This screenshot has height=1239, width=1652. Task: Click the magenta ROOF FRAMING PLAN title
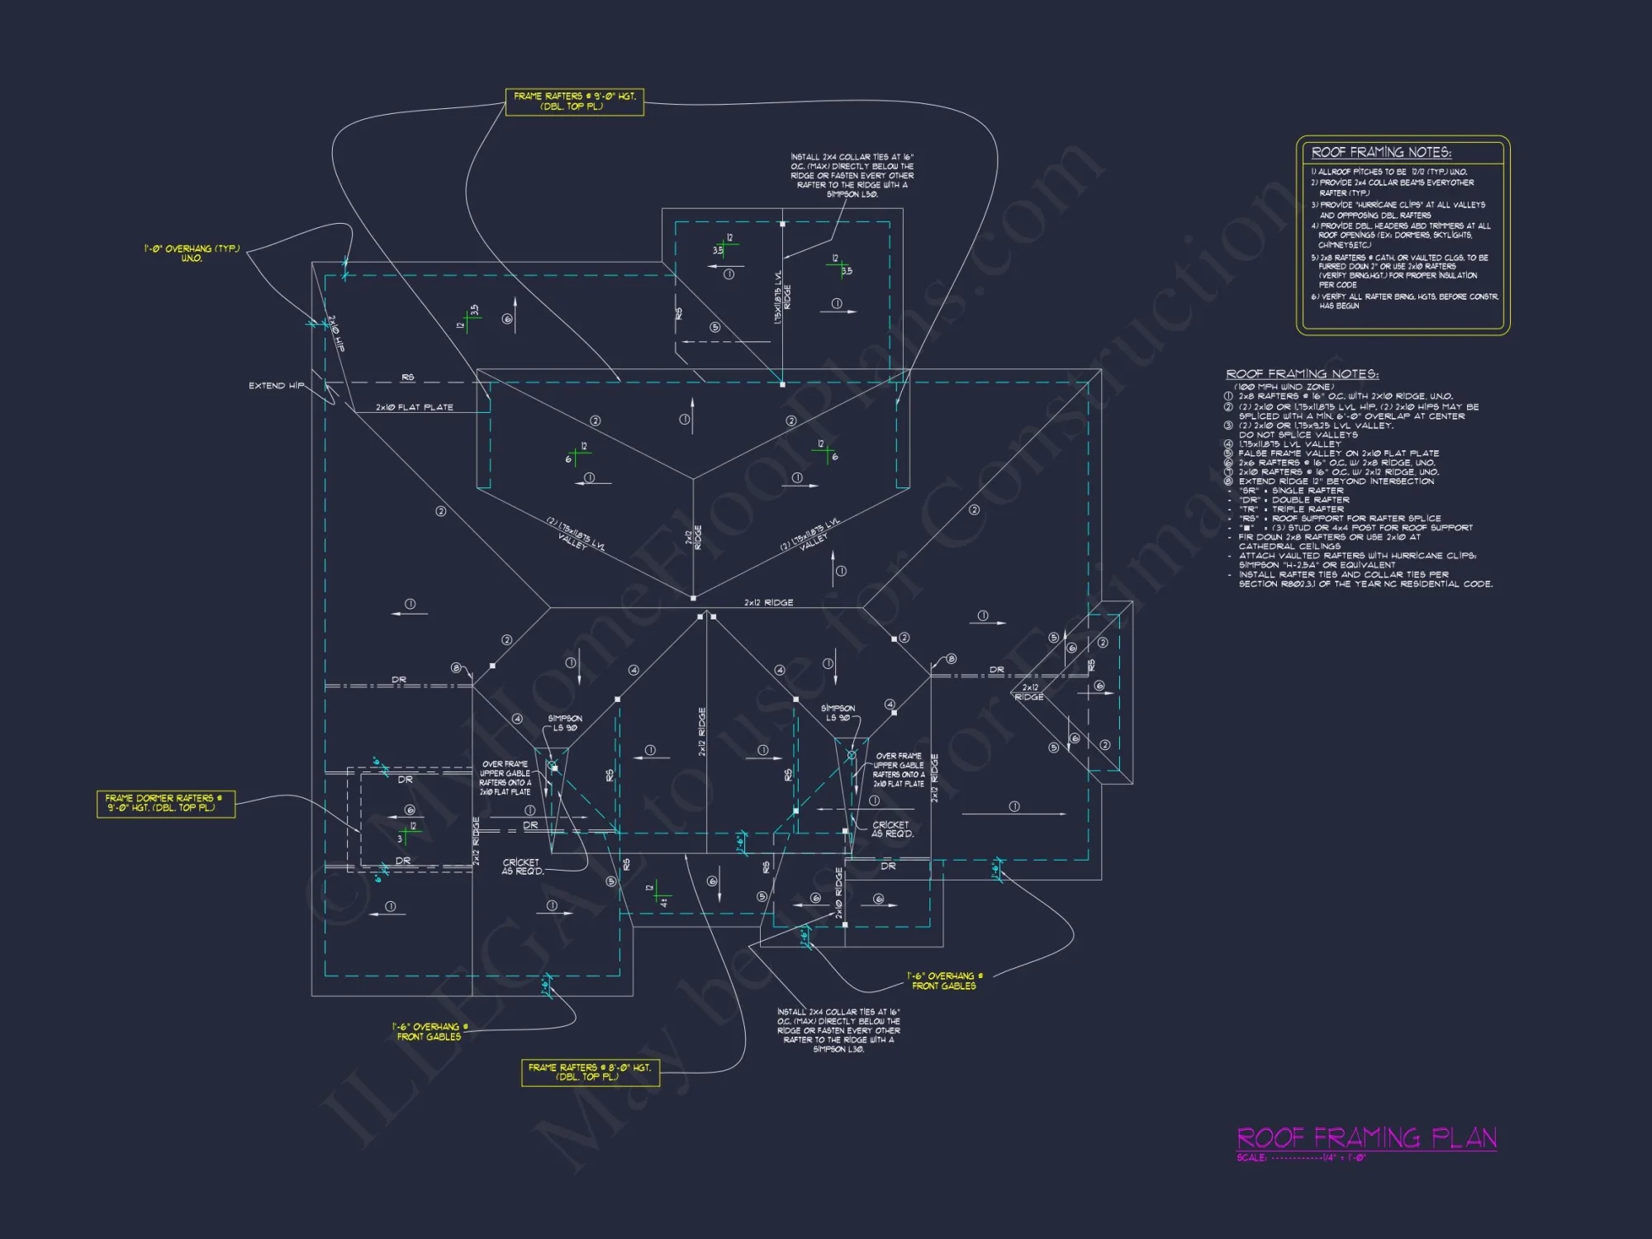pyautogui.click(x=1366, y=1138)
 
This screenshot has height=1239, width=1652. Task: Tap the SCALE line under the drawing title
pyautogui.click(x=1302, y=1158)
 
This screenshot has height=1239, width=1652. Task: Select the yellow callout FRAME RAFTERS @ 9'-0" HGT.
pyautogui.click(x=574, y=102)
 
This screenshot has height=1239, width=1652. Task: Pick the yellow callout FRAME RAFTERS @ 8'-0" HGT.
pyautogui.click(x=590, y=1072)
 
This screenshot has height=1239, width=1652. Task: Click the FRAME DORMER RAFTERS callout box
pyautogui.click(x=165, y=803)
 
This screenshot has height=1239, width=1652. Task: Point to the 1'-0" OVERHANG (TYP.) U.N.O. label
pyautogui.click(x=192, y=253)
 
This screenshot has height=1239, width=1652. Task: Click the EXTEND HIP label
pyautogui.click(x=276, y=386)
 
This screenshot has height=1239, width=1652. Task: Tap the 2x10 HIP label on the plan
pyautogui.click(x=336, y=334)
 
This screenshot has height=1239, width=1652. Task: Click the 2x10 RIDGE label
pyautogui.click(x=839, y=893)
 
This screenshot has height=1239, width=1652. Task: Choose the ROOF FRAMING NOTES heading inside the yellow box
pyautogui.click(x=1381, y=152)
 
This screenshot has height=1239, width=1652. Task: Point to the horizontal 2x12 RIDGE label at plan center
pyautogui.click(x=768, y=603)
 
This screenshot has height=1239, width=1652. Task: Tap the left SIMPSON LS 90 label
pyautogui.click(x=565, y=723)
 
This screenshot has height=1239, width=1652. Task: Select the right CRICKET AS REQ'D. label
pyautogui.click(x=892, y=829)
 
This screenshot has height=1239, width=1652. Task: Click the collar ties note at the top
pyautogui.click(x=852, y=175)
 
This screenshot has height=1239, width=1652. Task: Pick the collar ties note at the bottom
pyautogui.click(x=838, y=1030)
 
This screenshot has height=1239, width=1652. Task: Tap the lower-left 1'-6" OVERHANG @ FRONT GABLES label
pyautogui.click(x=430, y=1032)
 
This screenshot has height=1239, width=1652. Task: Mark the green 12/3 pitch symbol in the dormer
pyautogui.click(x=407, y=833)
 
